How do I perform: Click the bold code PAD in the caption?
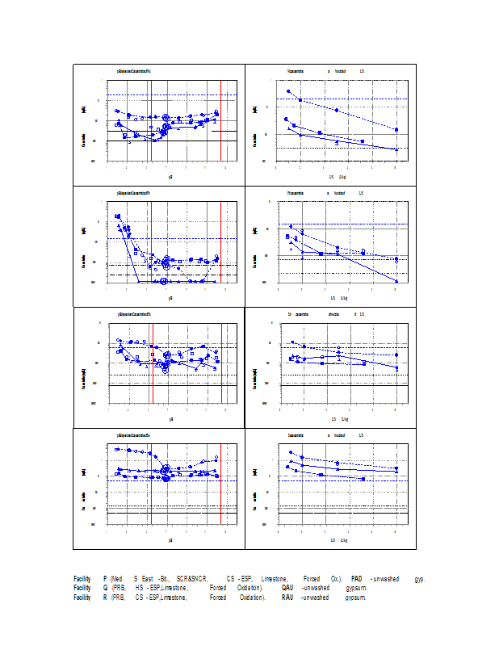click(x=357, y=579)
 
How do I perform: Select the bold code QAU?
click(x=287, y=589)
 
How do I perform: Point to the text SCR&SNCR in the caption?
click(x=192, y=579)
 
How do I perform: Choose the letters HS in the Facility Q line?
click(x=140, y=589)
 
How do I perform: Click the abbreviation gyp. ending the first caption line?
click(x=419, y=579)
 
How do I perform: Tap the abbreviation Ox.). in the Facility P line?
click(x=336, y=579)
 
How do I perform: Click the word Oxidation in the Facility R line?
click(x=252, y=598)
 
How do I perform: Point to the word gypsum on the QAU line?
click(x=356, y=589)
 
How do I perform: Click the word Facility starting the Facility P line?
click(x=82, y=579)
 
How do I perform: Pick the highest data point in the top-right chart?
click(x=288, y=91)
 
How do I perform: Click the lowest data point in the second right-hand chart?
click(x=396, y=280)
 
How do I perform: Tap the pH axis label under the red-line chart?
click(x=171, y=418)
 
